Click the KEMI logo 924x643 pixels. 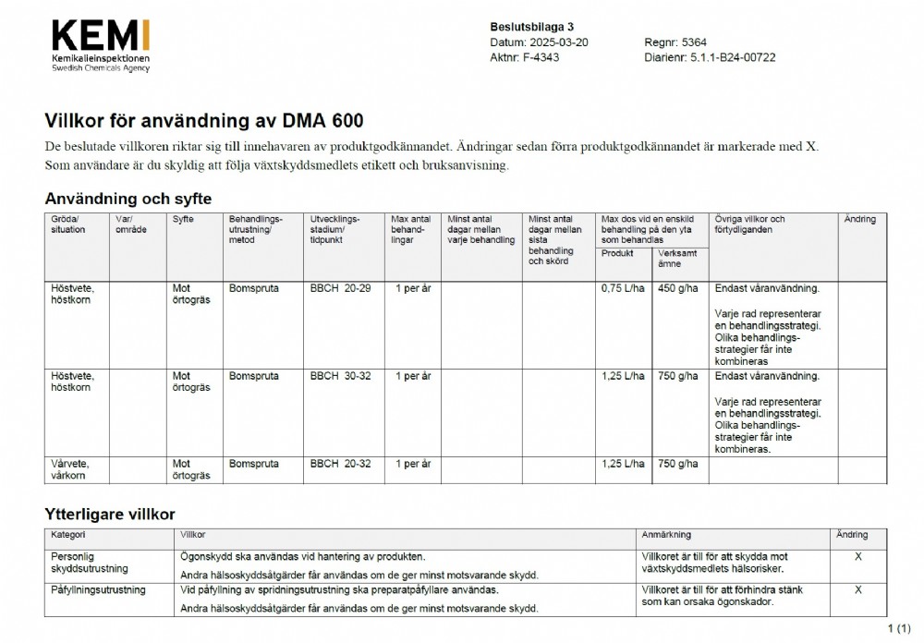pyautogui.click(x=101, y=45)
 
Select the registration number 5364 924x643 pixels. pyautogui.click(x=694, y=42)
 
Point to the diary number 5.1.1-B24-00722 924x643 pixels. pyautogui.click(x=733, y=57)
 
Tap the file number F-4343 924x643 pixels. pyautogui.click(x=539, y=57)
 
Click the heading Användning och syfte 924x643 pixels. pyautogui.click(x=128, y=199)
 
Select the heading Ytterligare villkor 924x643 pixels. pyautogui.click(x=110, y=514)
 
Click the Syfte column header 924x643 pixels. pyautogui.click(x=183, y=220)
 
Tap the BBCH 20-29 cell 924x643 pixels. pyautogui.click(x=340, y=288)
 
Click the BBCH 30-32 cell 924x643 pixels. pyautogui.click(x=340, y=376)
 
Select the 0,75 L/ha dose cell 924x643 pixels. pyautogui.click(x=623, y=288)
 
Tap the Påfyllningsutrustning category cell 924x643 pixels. pyautogui.click(x=98, y=589)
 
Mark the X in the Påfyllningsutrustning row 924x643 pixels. pyautogui.click(x=858, y=589)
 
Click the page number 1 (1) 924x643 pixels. pyautogui.click(x=899, y=629)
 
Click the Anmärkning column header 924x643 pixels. pyautogui.click(x=666, y=535)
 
